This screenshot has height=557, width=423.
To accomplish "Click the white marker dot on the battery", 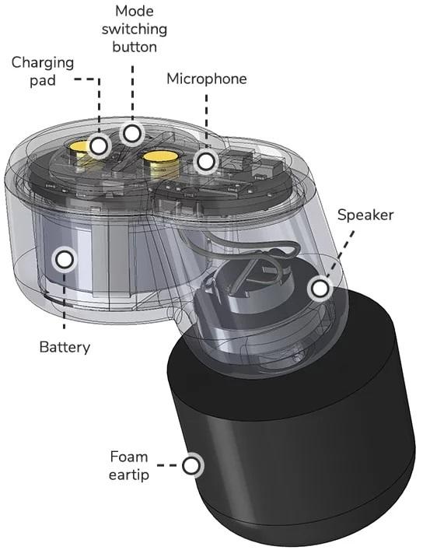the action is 65,259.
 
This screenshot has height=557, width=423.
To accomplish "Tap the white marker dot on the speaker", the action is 320,288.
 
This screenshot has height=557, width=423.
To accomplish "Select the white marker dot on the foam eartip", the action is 191,465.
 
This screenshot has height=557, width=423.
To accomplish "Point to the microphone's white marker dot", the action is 205,162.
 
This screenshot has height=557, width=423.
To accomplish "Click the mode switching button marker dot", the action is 132,134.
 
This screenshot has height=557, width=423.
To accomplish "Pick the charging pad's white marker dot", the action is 99,145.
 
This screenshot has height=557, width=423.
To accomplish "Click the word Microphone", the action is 207,79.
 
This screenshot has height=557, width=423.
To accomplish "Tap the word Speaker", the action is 365,215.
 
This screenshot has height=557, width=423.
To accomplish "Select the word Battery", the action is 65,347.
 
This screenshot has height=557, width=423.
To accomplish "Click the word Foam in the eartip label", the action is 128,457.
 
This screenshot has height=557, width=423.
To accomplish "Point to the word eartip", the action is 129,475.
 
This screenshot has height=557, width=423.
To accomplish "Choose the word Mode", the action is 135,11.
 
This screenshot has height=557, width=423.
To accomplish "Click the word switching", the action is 135,30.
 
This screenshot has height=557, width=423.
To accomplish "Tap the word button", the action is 135,47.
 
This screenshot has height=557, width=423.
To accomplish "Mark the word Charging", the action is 43,63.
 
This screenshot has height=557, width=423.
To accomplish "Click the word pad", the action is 43,81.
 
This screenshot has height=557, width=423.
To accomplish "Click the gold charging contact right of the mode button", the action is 160,163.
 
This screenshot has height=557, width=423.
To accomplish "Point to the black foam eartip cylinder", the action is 292,444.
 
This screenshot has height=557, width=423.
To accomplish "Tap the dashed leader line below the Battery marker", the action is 65,300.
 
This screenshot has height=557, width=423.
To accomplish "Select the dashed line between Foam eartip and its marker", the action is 167,465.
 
